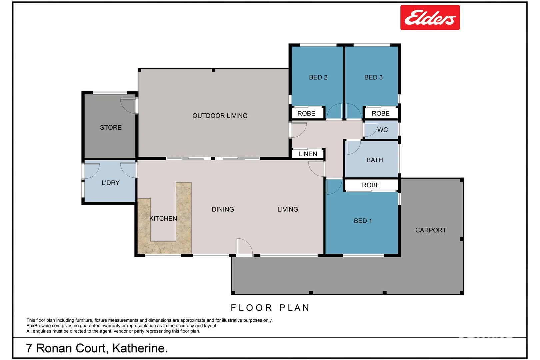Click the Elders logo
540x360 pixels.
pos(430,18)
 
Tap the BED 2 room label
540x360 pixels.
pos(318,77)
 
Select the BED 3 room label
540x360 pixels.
pos(373,77)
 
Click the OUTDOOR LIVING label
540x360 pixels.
pos(220,116)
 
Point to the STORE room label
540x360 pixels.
pos(111,127)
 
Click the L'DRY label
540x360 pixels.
pos(110,183)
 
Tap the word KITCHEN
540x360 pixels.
pos(163,218)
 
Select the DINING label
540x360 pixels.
pos(223,209)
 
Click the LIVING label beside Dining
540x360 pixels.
pos(288,209)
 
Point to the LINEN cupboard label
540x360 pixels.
pos(307,154)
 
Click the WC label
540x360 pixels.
pos(383,130)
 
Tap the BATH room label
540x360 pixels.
pos(375,160)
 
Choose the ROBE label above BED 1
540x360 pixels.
pos(371,185)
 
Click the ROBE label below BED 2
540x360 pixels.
pos(306,113)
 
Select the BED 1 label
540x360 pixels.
pos(363,221)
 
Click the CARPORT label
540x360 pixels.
pos(430,230)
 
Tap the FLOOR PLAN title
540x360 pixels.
pos(270,308)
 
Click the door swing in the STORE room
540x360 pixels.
pos(127,106)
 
